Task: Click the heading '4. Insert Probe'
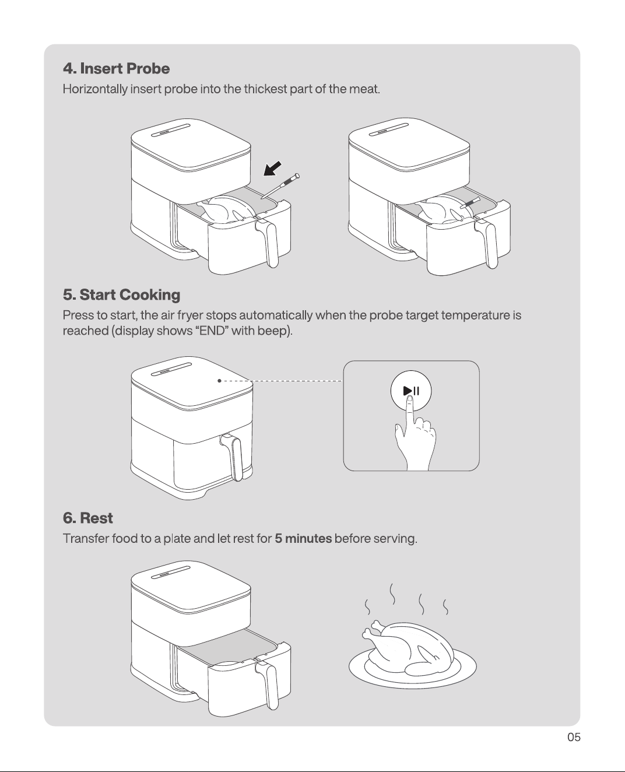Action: pos(116,68)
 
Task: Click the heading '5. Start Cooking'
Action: pos(121,294)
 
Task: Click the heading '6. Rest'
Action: pos(87,518)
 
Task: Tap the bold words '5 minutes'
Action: pos(303,539)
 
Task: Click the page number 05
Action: pos(574,737)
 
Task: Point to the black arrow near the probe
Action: pos(272,169)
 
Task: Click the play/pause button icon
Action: pos(411,391)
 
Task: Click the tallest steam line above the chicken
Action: pos(392,594)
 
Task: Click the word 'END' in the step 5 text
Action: pos(214,331)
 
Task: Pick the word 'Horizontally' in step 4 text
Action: pos(95,89)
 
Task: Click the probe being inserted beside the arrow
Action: pos(280,186)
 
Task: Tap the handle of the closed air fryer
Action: pos(233,457)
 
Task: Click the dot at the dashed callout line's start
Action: pos(219,381)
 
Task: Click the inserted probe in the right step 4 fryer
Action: pos(470,202)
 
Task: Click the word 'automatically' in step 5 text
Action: pos(276,315)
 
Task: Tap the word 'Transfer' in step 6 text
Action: pos(86,539)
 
